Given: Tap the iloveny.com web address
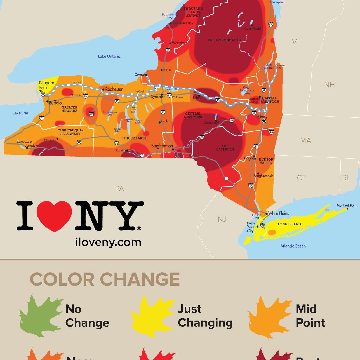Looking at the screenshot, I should point(108,242).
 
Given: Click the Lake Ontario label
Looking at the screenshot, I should point(109,56).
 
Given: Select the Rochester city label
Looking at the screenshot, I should point(114,89).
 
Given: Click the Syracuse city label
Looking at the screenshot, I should point(158,97).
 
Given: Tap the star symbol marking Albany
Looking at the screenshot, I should point(263,121).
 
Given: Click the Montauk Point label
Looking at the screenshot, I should point(347,205).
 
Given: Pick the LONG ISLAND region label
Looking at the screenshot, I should point(289,224).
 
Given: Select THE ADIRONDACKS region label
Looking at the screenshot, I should point(224,40).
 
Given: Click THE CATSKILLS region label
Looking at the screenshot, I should point(225,148).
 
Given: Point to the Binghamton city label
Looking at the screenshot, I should point(162,146).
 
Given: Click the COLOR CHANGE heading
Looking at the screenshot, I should point(105,279).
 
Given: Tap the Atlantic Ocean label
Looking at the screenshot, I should point(293,246).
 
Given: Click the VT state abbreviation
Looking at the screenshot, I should point(296,42).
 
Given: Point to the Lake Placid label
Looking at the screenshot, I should point(253,29).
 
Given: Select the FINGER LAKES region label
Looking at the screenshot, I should point(134,138).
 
